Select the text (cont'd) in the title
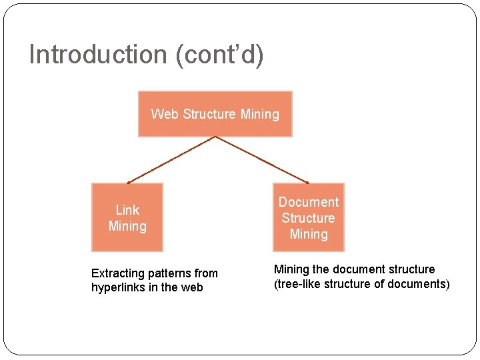coord(219,55)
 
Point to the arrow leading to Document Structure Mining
coord(262,159)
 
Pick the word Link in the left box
coord(127,210)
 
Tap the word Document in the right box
coord(308,202)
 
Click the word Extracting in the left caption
coord(118,273)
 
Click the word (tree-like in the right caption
coord(298,285)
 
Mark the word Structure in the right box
coord(308,218)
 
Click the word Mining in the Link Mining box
coord(127,226)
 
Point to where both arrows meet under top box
coord(215,137)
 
